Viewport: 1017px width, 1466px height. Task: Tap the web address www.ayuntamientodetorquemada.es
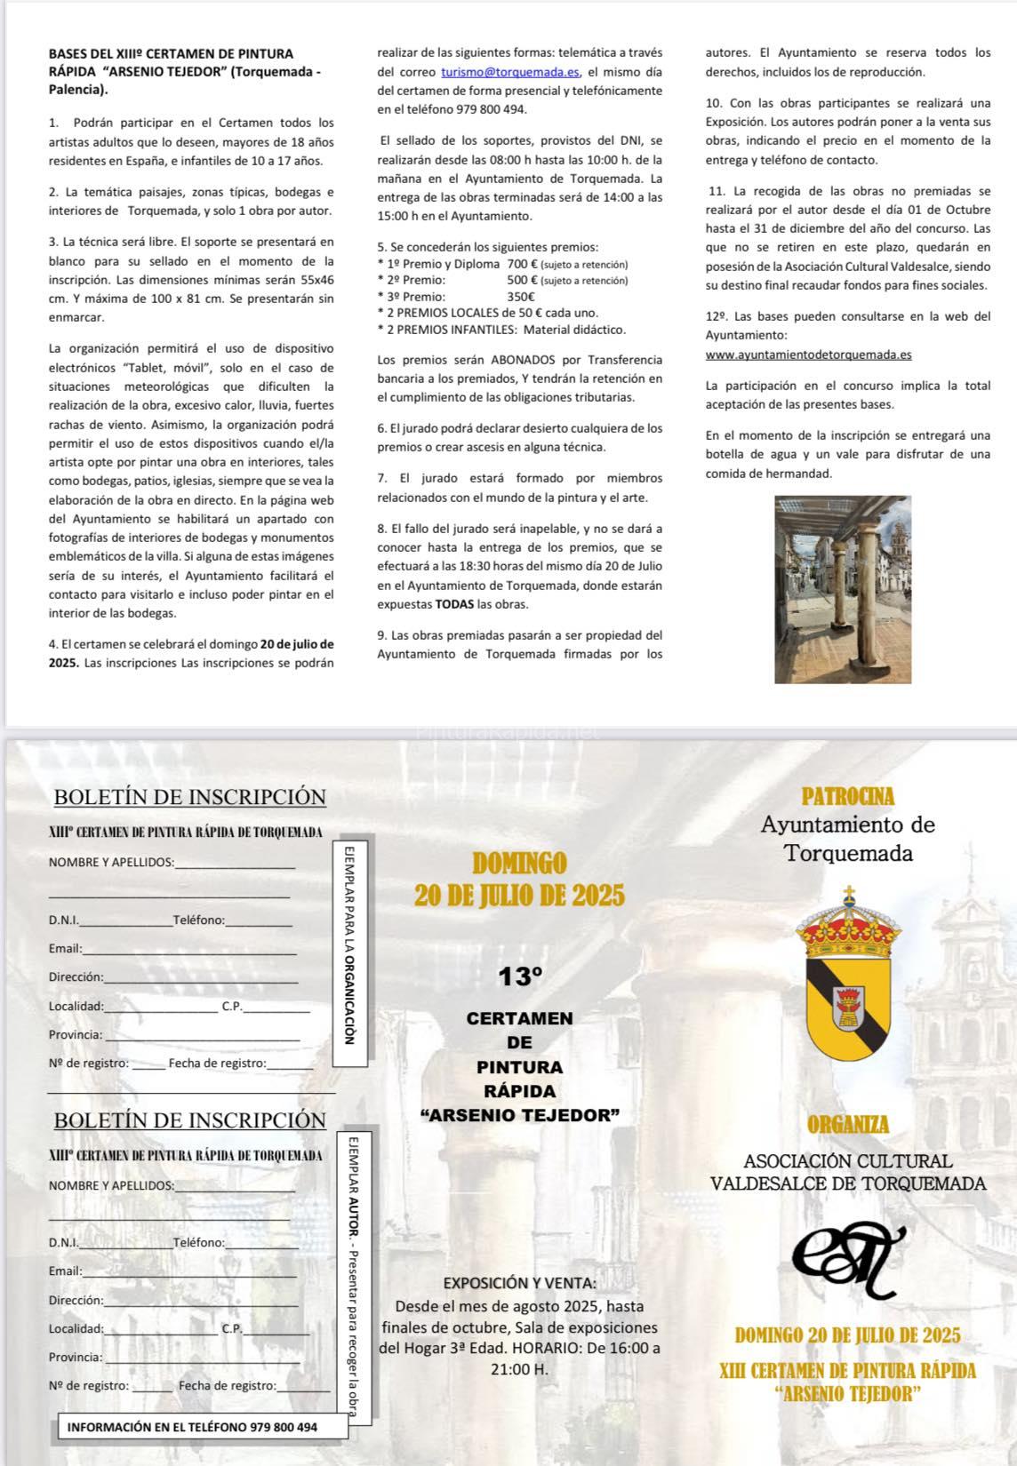[808, 355]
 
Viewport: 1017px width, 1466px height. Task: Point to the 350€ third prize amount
[520, 297]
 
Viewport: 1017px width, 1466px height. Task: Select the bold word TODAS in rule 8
[454, 604]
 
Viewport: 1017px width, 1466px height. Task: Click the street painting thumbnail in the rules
[843, 589]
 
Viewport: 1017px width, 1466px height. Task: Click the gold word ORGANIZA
[848, 1124]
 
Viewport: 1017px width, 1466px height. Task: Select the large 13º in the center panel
[520, 977]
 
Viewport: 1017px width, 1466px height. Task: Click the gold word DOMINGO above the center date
[519, 863]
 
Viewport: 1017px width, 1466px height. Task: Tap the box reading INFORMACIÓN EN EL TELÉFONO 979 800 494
[191, 1427]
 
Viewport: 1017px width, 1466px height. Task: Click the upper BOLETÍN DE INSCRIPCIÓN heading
[190, 797]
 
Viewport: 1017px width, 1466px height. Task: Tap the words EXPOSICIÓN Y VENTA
[519, 1282]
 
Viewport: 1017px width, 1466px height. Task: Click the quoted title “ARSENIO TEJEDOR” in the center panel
[519, 1115]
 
